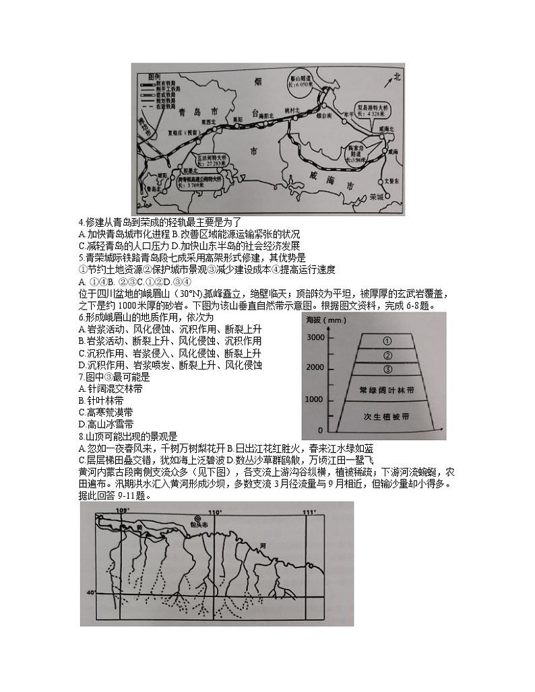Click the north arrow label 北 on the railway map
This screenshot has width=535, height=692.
click(x=398, y=77)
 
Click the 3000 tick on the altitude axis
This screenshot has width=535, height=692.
click(x=316, y=336)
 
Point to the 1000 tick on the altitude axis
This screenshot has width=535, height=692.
click(x=316, y=399)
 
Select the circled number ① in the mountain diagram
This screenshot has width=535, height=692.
click(x=387, y=341)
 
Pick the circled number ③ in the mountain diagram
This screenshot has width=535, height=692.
click(x=387, y=369)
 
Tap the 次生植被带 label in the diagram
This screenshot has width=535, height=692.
click(x=387, y=417)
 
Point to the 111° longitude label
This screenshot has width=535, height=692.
click(x=309, y=512)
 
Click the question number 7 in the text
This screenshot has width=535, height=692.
click(x=80, y=377)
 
